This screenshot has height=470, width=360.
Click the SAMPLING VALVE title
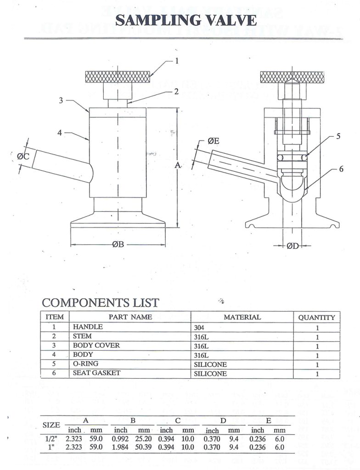click(x=186, y=20)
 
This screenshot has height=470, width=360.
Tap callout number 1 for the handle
click(x=176, y=60)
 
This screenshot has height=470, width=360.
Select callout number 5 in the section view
click(x=338, y=136)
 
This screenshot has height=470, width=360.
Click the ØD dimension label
click(x=293, y=246)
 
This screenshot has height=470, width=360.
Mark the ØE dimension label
click(x=213, y=141)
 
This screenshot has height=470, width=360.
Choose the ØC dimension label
click(x=23, y=156)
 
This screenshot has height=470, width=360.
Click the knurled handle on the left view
click(x=118, y=77)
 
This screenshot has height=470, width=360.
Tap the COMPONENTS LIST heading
click(x=101, y=302)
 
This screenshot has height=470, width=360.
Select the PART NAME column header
click(x=130, y=317)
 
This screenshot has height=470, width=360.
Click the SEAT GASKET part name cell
click(x=96, y=373)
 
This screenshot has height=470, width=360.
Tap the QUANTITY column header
click(x=316, y=317)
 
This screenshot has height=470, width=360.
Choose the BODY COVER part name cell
click(x=96, y=346)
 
